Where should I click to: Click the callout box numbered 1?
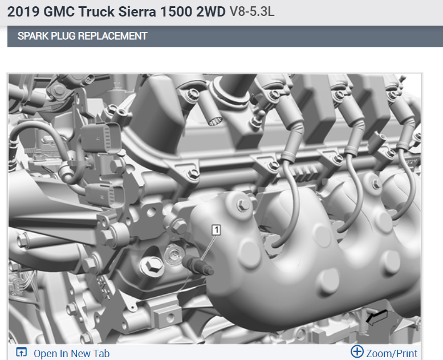tap(217, 230)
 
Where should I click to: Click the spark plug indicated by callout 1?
tap(198, 265)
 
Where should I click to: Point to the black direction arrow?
tap(377, 317)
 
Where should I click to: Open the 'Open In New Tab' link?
tap(71, 354)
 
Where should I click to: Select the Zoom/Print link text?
tap(392, 354)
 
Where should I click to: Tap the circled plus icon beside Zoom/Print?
tap(357, 352)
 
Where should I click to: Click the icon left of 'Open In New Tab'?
tap(22, 352)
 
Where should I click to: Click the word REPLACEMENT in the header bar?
tap(112, 36)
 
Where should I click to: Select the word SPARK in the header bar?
tap(32, 36)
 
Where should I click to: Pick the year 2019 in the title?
tap(23, 12)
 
